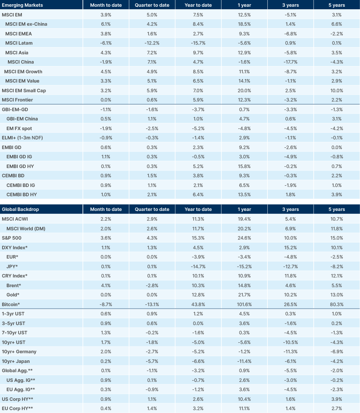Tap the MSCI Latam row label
pos(19,43)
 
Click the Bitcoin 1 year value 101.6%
pos(245,304)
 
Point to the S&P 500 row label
pos(12,237)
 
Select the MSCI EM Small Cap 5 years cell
pos(336,91)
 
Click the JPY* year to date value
pos(198,266)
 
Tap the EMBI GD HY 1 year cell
pos(245,166)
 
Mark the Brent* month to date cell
pos(106,285)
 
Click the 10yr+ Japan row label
pos(16,361)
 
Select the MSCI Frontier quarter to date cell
pos(152,100)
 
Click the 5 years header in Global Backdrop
pos(336,209)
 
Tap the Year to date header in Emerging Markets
pos(198,5)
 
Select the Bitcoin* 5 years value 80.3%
pos(336,304)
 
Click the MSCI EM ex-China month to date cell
pos(106,24)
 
